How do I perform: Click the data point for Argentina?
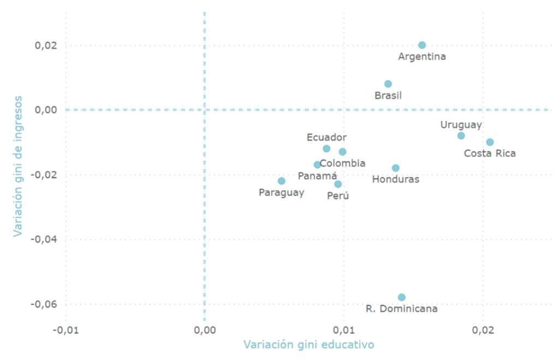422,45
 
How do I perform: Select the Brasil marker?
388,84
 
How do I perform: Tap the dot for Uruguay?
461,135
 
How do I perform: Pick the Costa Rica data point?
490,142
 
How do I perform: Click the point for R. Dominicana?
402,297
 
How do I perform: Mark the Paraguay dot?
282,181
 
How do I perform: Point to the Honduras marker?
396,168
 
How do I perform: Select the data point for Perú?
338,184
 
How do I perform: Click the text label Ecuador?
326,138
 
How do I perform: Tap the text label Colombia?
342,163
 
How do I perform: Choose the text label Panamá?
317,176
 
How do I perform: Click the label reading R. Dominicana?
402,309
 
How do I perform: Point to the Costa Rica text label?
490,154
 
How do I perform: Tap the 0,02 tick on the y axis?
46,45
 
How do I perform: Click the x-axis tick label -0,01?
66,330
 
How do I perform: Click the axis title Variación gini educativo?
308,345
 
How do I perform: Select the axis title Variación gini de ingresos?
18,166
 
